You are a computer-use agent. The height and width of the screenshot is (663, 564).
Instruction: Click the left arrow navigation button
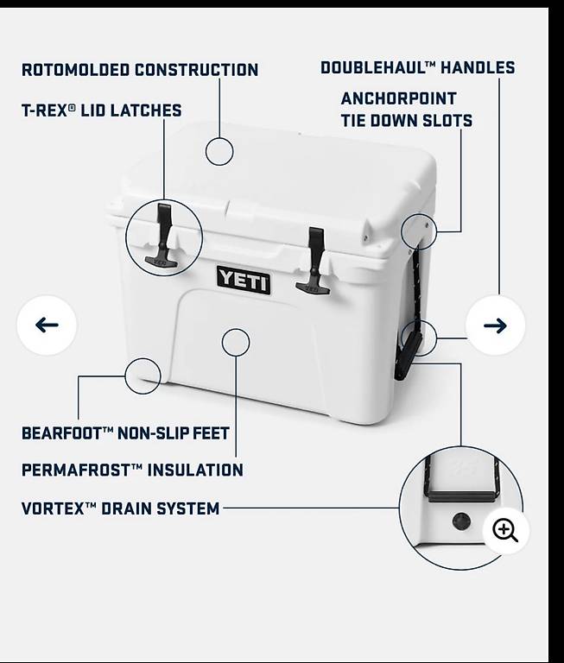point(47,325)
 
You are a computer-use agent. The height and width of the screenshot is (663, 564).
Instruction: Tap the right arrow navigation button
point(495,325)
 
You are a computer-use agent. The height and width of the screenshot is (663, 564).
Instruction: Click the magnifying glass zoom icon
point(506,531)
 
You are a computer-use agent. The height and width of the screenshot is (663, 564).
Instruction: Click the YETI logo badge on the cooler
point(244,280)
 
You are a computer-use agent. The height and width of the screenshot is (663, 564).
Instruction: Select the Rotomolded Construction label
point(140,70)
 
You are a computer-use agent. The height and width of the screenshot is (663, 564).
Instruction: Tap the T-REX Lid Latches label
point(102,110)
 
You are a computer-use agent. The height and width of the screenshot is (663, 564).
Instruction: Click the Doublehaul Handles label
point(418,67)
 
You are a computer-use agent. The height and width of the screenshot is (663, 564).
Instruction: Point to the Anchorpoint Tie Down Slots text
point(407,110)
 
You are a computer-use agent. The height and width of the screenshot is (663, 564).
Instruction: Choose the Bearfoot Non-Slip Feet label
point(125,433)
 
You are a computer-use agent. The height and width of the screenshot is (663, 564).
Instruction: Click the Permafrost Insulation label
point(132,470)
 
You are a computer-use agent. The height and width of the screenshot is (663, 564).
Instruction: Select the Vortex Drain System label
point(121,508)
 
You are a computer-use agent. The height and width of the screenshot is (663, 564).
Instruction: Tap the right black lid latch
point(314,260)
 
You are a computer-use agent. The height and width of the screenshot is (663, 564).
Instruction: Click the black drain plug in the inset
point(461,521)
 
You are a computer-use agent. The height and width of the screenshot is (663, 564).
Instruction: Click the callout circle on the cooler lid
point(219,151)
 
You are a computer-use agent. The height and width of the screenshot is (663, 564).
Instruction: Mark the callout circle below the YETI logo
point(236,342)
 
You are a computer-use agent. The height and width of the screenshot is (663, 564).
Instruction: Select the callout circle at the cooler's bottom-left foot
point(143,376)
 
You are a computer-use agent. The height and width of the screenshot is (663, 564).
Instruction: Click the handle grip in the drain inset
point(461,496)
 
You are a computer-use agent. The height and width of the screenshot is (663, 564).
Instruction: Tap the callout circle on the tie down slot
point(418,231)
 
